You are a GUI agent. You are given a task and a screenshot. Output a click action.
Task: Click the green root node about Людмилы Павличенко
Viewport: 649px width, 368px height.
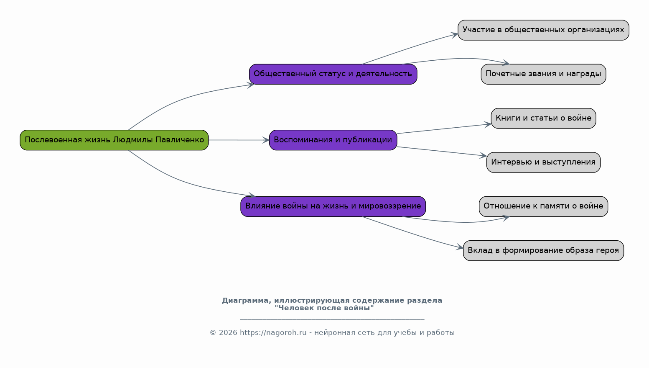pos(114,140)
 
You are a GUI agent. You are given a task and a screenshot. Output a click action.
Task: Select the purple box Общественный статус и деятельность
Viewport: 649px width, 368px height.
pos(333,74)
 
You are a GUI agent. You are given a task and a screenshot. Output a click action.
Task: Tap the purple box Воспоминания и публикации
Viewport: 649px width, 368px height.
pos(333,140)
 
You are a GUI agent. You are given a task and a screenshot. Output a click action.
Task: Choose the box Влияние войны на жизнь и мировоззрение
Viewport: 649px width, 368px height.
pos(333,206)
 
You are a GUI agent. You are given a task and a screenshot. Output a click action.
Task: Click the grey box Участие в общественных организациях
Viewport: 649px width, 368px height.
pos(543,30)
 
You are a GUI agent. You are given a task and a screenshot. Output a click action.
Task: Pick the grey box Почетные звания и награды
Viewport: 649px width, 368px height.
pos(543,74)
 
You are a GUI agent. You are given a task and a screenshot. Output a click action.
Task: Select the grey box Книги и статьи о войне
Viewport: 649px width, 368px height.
pos(543,118)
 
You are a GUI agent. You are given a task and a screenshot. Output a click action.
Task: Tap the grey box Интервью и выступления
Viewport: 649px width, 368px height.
pos(543,162)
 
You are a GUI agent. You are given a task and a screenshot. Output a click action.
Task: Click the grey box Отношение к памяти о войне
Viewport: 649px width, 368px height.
pos(543,206)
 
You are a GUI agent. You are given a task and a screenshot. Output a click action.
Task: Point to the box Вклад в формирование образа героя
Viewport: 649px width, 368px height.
pos(543,250)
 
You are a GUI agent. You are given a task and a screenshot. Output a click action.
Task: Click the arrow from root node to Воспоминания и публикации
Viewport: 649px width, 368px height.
pos(239,140)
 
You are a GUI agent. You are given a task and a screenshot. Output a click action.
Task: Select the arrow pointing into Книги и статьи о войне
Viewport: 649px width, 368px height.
pos(444,129)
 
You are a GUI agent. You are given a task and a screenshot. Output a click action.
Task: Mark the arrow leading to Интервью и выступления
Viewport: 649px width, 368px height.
pos(442,151)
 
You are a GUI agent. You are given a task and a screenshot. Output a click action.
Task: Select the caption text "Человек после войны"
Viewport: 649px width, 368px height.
pos(324,308)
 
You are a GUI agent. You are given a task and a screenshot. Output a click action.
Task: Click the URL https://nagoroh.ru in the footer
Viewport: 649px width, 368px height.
pos(273,332)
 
